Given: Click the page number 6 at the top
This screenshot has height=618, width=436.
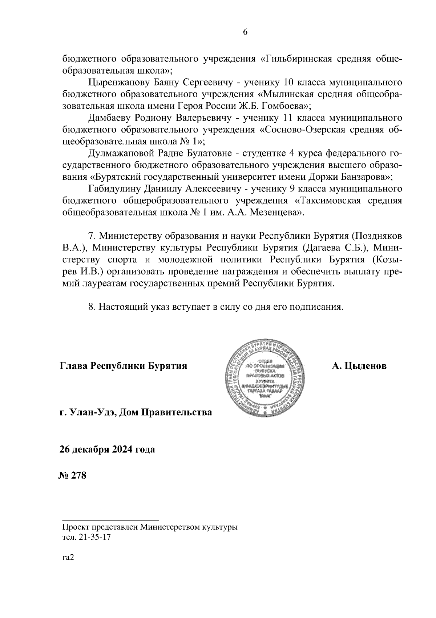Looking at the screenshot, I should coord(245,32).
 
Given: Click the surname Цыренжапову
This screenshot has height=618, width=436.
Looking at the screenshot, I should coord(116,83).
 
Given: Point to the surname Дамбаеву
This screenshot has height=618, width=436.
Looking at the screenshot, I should coord(109,118).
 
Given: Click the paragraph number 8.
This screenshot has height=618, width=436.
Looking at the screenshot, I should coord(92,306).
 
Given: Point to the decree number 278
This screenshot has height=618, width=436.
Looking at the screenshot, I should coord(79,475).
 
